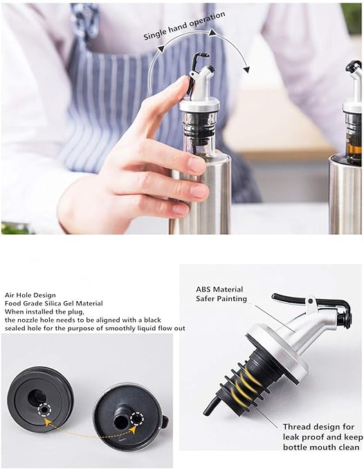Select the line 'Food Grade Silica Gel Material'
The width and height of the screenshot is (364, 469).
[53, 303]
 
